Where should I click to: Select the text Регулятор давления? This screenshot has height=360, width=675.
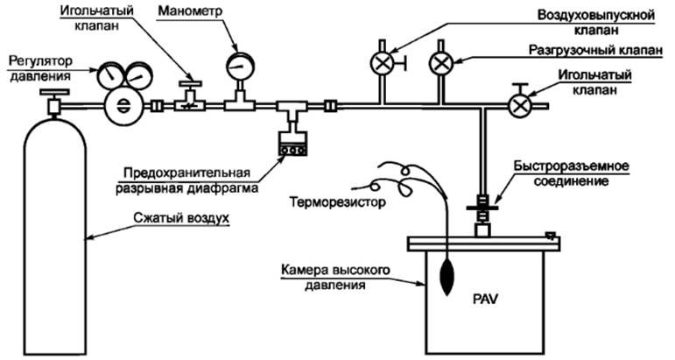click(42, 69)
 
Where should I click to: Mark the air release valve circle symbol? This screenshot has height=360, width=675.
click(383, 64)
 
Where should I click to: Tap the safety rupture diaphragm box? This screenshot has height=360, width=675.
click(291, 144)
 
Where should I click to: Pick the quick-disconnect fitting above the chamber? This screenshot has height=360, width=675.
click(482, 210)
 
